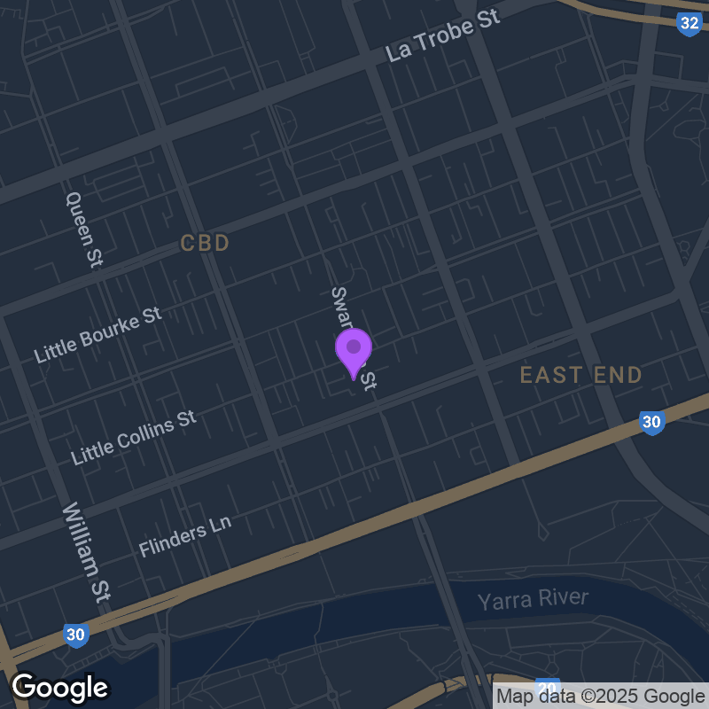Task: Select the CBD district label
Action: (205, 243)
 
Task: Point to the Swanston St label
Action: (354, 337)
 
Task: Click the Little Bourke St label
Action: (97, 335)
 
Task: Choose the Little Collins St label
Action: (134, 437)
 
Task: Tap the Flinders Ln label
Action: (184, 536)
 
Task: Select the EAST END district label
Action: (580, 375)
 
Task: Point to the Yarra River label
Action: (533, 600)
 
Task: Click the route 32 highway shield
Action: (689, 24)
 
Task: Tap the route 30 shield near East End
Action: (652, 423)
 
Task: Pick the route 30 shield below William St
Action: (76, 635)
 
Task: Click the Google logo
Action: (59, 687)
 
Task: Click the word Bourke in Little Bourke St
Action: (118, 326)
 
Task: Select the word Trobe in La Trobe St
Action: (458, 32)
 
